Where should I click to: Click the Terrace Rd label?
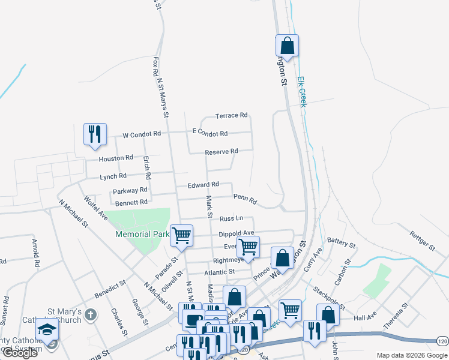click(x=231, y=115)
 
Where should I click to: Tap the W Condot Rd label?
click(x=142, y=134)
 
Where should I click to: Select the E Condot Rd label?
click(x=209, y=133)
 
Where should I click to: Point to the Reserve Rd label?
click(x=221, y=152)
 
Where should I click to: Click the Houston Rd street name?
click(x=116, y=158)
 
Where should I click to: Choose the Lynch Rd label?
click(x=113, y=176)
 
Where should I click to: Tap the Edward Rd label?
click(x=202, y=185)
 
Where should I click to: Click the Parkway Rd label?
click(x=130, y=192)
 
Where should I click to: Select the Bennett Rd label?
click(x=131, y=203)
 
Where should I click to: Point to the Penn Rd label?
click(x=245, y=198)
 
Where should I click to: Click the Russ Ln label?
click(x=231, y=219)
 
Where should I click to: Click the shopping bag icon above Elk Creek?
click(x=287, y=46)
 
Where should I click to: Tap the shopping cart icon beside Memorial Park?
click(x=181, y=235)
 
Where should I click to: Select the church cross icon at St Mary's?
click(x=90, y=314)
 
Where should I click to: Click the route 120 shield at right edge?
click(x=442, y=340)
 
